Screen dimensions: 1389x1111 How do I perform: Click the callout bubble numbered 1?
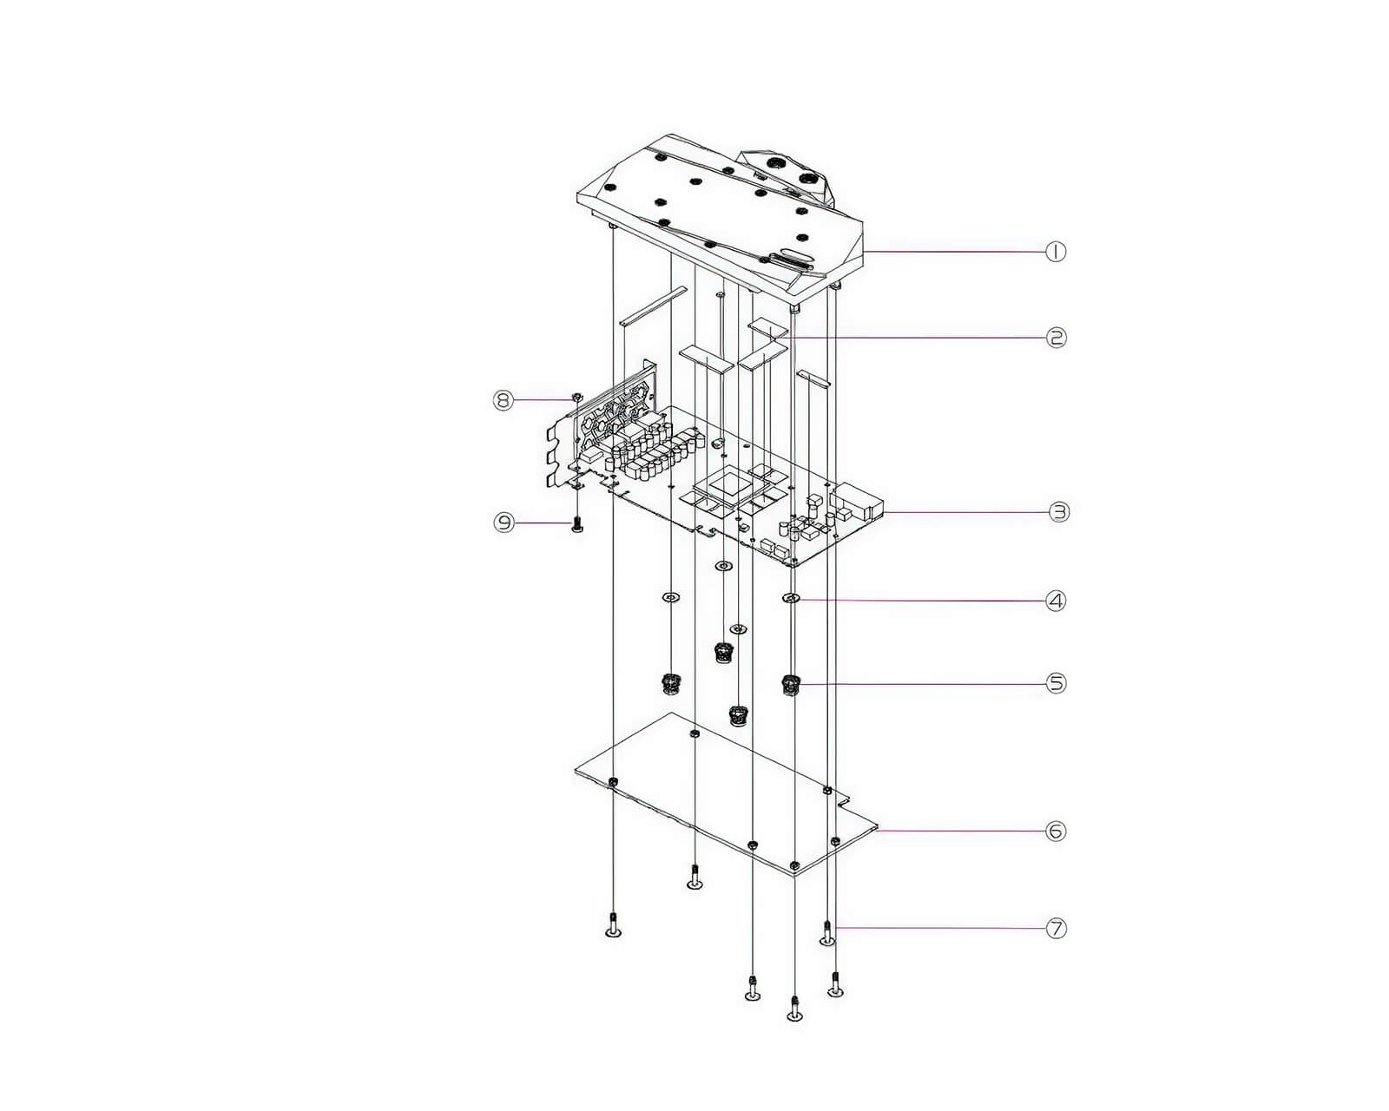click(x=1056, y=252)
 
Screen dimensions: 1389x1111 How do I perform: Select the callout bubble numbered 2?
click(x=1056, y=338)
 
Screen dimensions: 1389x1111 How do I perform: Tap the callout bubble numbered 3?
click(x=1058, y=512)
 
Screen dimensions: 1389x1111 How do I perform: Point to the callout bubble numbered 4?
click(x=1056, y=601)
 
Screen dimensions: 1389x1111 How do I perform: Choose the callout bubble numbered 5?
click(x=1056, y=683)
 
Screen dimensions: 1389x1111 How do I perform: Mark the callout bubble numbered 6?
click(x=1056, y=831)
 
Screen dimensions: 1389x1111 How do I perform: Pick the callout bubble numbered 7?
click(x=1056, y=929)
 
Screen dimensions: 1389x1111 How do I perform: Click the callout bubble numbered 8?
click(x=503, y=400)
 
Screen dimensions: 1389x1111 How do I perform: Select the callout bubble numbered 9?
click(x=504, y=522)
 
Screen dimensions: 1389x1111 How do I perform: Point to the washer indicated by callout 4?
click(x=792, y=599)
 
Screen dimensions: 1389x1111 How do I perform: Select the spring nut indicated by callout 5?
click(x=790, y=685)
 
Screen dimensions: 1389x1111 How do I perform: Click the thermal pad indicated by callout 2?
click(x=768, y=329)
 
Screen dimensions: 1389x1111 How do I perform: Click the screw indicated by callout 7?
click(x=826, y=933)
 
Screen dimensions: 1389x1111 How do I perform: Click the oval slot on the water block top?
click(x=792, y=253)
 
